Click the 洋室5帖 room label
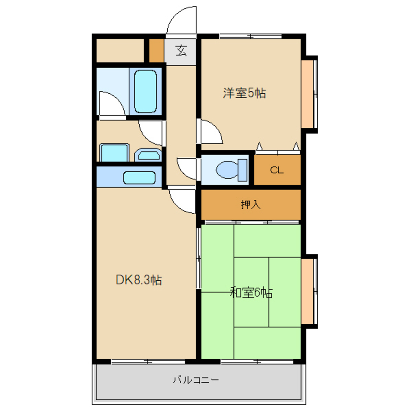[x=244, y=93]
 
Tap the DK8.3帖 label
[x=139, y=280]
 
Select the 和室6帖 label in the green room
[x=251, y=293]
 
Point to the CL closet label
[x=277, y=170]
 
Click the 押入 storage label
[x=251, y=204]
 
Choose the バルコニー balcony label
[x=196, y=380]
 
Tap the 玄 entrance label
[x=181, y=51]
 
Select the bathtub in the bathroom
[x=145, y=91]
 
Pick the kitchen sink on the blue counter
[x=139, y=178]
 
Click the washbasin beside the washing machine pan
[x=148, y=155]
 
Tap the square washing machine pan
[x=114, y=152]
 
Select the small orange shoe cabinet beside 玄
[x=157, y=51]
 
